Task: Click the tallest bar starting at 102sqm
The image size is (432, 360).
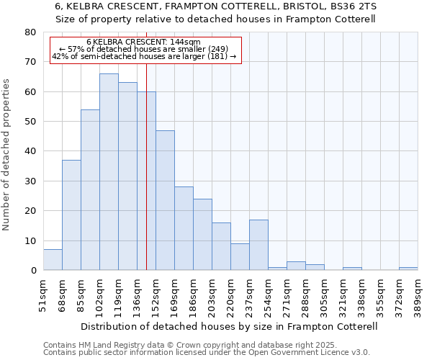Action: [109, 172]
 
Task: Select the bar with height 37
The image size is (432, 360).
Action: [71, 215]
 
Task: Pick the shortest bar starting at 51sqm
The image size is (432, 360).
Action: [53, 260]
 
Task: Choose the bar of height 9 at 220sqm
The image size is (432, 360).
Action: [240, 257]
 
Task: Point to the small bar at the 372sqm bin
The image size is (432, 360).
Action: [408, 269]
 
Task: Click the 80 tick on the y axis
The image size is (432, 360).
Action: [30, 32]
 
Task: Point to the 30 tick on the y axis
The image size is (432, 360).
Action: [30, 181]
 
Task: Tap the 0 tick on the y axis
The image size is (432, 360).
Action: [32, 271]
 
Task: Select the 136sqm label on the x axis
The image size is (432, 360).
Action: [137, 292]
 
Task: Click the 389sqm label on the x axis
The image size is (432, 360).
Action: [418, 292]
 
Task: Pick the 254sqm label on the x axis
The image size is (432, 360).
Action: [268, 292]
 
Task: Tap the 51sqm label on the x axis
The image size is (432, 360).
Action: [43, 292]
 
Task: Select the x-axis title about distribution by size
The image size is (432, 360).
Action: [230, 326]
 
